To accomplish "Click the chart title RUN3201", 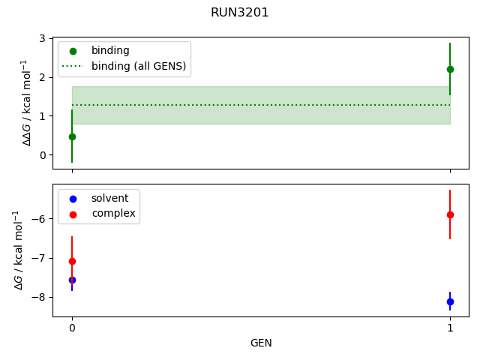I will [240, 13].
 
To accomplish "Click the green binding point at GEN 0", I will [72, 136].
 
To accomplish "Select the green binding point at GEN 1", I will [450, 69].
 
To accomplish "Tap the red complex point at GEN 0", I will [72, 261].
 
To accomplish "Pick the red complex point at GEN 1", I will [450, 214].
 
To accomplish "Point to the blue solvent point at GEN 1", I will [450, 301].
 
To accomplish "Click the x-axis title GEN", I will [261, 343].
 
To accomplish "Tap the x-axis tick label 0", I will [72, 328].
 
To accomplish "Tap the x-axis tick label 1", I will [450, 328].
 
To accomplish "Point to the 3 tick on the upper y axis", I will [42, 38].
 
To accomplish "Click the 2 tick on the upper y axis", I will [42, 77].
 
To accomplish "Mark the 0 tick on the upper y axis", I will [42, 155].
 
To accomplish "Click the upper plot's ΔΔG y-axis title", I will [27, 103].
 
